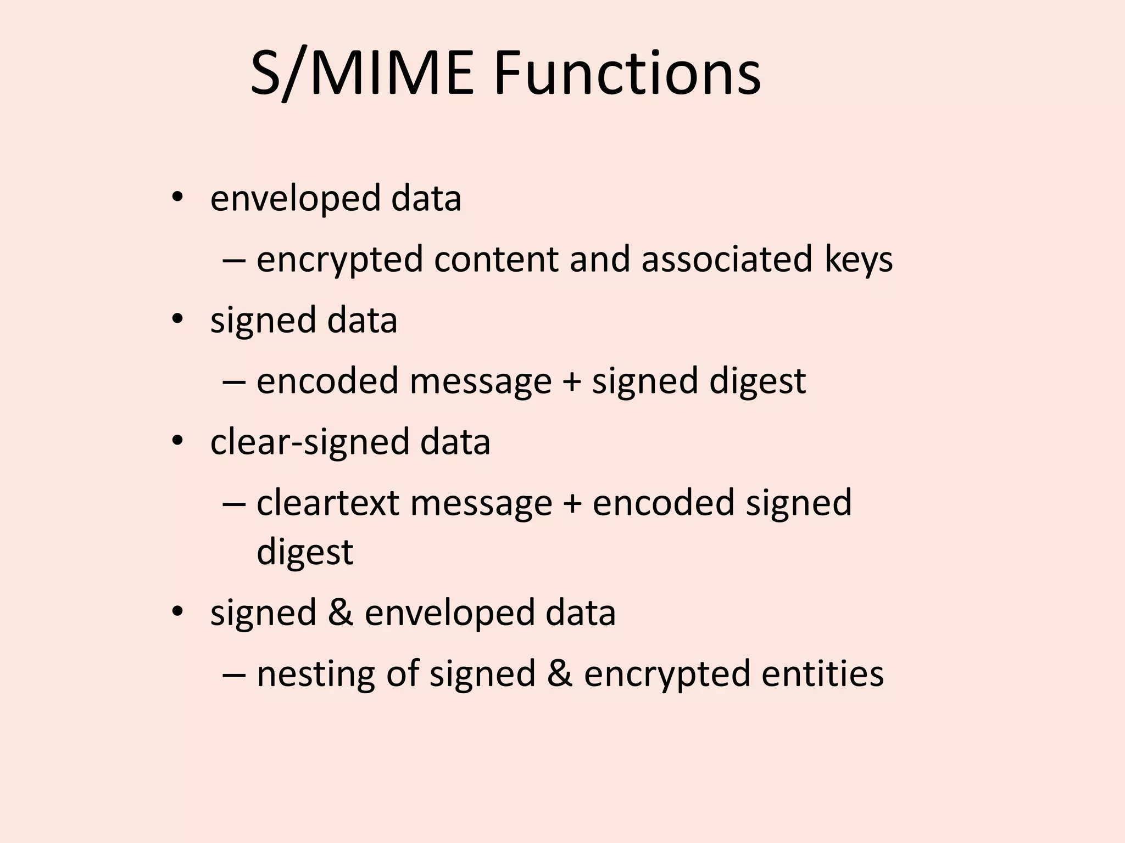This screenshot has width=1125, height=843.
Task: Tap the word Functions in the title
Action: (x=627, y=74)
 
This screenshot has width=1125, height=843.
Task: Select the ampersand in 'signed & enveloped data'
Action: (x=341, y=612)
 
